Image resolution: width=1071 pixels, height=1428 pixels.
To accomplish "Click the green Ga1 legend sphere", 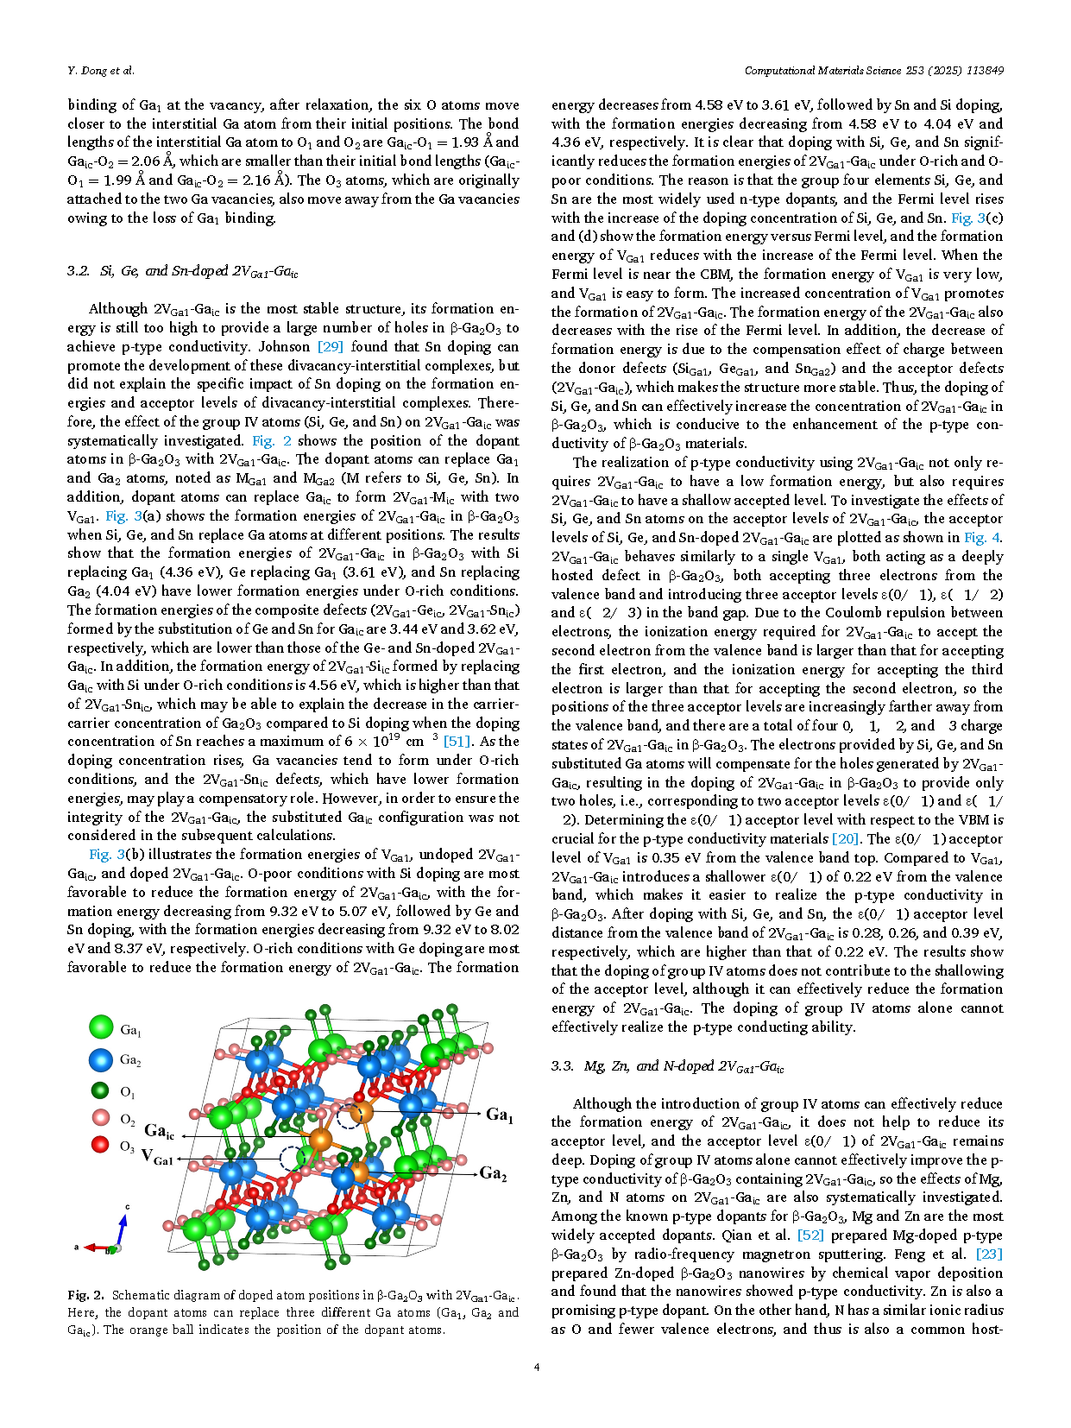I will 101,1027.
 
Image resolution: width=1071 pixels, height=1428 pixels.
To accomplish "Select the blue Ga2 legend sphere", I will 101,1059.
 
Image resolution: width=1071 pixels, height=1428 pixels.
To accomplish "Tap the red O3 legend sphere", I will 101,1145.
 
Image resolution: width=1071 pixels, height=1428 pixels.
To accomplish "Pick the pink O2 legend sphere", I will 101,1118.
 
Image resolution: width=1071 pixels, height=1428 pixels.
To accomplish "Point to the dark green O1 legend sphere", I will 101,1090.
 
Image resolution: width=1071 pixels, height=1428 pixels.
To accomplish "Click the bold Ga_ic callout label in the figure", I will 159,1131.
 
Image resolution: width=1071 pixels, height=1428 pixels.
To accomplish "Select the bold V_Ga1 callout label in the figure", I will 157,1158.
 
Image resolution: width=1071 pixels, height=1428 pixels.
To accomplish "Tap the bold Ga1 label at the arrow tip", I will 499,1115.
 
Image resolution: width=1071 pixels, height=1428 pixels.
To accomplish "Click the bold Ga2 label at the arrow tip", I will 493,1173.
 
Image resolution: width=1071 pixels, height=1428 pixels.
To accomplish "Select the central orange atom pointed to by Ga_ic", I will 320,1140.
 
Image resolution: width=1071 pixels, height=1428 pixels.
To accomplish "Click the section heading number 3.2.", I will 78,271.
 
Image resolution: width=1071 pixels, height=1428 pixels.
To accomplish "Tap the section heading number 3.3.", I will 562,1066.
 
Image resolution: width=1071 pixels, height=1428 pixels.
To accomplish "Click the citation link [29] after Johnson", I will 331,346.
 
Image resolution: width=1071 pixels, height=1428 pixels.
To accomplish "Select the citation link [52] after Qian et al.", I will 810,1235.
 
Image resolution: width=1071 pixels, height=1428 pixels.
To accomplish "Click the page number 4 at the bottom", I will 537,1367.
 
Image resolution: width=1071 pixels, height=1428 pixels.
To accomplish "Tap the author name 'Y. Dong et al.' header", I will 101,71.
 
